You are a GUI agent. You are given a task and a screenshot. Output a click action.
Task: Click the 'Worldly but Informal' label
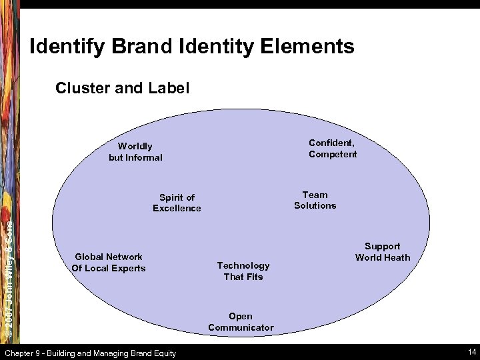(135, 152)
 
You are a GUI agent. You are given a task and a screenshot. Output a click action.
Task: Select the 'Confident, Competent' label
(333, 149)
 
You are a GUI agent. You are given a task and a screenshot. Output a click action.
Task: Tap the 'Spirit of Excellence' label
(177, 203)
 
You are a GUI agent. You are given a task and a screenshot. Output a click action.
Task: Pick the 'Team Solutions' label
(315, 200)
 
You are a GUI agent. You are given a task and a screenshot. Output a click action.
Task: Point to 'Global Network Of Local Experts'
(109, 263)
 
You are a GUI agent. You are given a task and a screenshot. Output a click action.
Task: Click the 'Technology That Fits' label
(243, 271)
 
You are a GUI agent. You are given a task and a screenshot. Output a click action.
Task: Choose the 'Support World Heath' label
(383, 252)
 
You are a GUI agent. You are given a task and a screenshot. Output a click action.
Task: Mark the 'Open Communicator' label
(241, 322)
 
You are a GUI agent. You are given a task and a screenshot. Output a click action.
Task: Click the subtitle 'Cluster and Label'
(123, 87)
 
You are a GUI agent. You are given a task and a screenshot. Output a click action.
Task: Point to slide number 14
(472, 352)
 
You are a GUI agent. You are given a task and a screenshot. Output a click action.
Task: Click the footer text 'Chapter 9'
(24, 353)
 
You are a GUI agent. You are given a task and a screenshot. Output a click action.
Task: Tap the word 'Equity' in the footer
(163, 353)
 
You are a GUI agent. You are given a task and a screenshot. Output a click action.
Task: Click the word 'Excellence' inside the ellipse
(177, 209)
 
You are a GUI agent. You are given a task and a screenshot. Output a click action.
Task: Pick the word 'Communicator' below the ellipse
(241, 327)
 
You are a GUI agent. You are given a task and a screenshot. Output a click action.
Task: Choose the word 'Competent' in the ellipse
(333, 155)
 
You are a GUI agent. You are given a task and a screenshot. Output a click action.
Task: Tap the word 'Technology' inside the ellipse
(243, 266)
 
